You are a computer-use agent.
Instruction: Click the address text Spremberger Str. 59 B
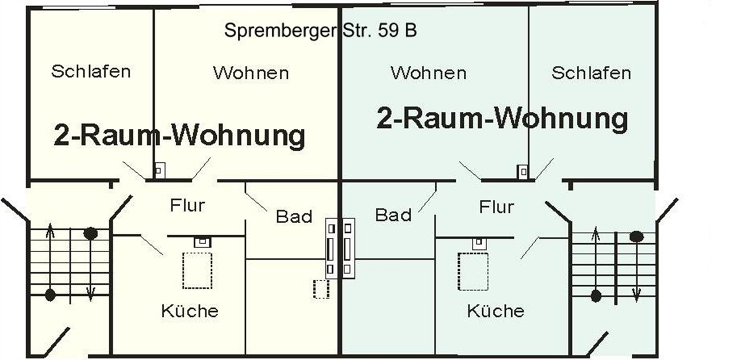point(320,30)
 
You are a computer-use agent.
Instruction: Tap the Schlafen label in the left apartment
point(91,72)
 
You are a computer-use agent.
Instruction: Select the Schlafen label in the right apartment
point(591,73)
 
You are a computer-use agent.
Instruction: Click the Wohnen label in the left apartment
point(251,73)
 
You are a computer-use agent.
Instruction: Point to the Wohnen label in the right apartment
point(429,73)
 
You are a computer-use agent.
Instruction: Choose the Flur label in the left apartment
point(188,205)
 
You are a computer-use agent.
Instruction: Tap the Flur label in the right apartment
point(496,207)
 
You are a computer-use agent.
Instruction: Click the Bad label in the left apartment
point(294,217)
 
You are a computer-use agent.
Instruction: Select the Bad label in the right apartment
point(393,215)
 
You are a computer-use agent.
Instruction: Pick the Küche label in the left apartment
point(190,311)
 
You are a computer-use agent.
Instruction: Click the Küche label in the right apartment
point(495,311)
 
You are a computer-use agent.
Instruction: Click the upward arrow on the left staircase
point(50,259)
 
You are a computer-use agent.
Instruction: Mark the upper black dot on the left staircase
point(90,233)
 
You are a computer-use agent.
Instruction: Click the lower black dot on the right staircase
point(596,296)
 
